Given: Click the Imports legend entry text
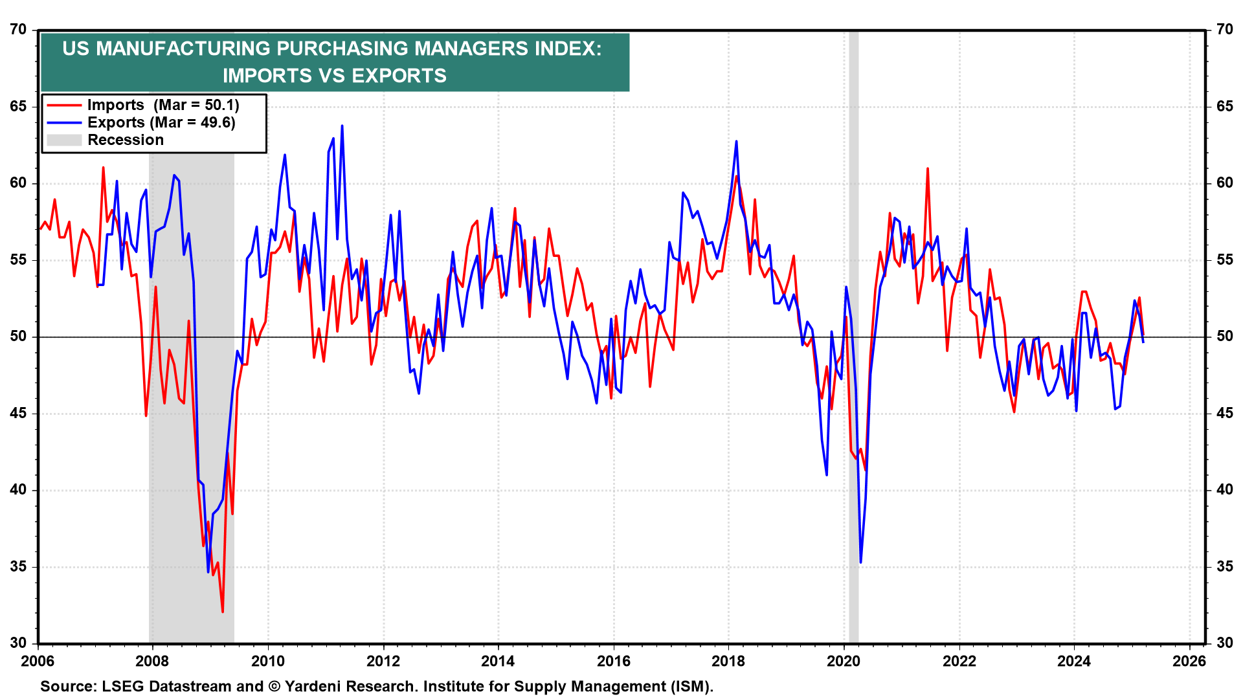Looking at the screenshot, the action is (163, 105).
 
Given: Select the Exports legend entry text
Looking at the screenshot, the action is (161, 122).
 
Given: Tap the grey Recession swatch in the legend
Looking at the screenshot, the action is (64, 140).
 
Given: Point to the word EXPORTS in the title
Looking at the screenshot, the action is (399, 76).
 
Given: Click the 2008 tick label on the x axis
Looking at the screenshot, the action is (152, 661).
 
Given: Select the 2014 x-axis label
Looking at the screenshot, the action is (498, 661).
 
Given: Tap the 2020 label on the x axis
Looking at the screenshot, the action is (844, 661).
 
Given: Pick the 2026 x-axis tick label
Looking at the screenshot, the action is (1189, 661).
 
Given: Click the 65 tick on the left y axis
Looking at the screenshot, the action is (19, 106).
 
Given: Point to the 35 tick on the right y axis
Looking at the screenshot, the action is (1224, 567).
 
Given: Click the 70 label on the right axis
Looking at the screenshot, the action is (1224, 30).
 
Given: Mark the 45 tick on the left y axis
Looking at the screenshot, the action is (19, 414).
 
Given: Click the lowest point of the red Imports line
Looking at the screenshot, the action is (223, 612).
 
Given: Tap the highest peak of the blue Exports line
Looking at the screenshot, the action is (342, 126).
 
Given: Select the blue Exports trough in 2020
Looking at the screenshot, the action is (860, 562).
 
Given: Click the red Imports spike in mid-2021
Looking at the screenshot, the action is (928, 169).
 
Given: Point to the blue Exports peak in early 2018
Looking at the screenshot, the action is (736, 142).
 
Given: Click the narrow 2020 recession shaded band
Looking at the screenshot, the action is (853, 337).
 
